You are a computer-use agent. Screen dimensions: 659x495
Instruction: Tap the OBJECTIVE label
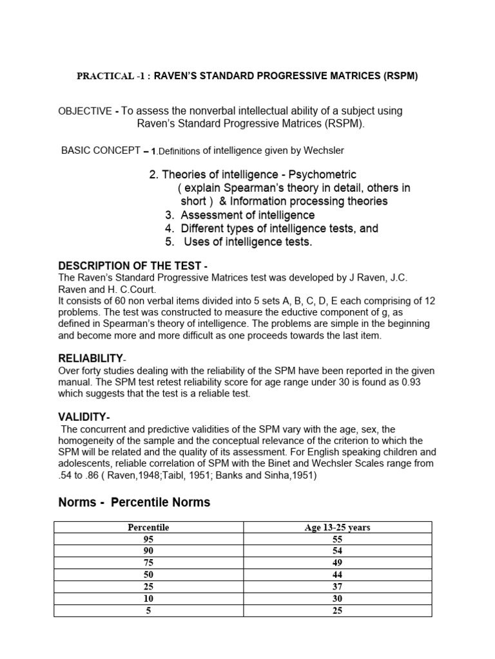[x=85, y=111]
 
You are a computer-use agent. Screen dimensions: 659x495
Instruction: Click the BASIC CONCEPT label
[x=101, y=151]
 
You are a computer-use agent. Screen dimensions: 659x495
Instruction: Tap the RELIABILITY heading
[x=91, y=358]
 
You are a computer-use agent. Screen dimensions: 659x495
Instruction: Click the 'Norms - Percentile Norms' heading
[x=134, y=502]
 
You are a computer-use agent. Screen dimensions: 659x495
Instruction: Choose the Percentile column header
[x=148, y=528]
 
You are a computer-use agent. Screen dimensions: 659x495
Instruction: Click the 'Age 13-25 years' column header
[x=337, y=528]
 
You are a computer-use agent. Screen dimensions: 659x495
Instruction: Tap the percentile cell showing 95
[x=148, y=539]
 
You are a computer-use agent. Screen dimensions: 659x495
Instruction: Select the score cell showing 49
[x=337, y=563]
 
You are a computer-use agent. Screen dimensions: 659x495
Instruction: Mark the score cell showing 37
[x=337, y=587]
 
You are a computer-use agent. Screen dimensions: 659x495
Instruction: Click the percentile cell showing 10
[x=148, y=599]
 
